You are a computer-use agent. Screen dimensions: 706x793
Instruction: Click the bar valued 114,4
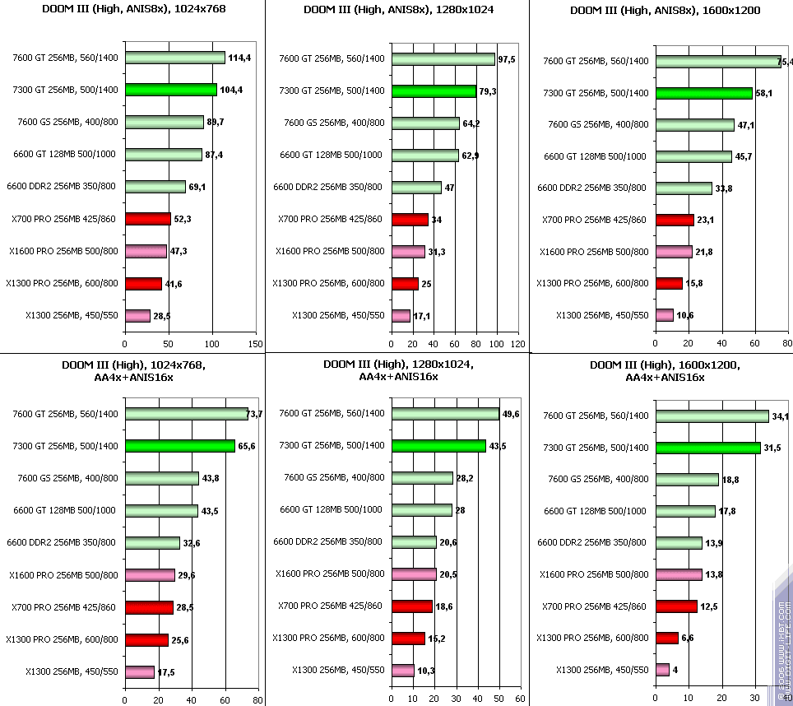174,58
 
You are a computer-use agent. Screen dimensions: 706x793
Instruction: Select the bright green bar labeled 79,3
434,91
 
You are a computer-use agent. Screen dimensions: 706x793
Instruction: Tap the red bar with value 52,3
148,219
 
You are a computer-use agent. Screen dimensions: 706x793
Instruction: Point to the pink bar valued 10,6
664,315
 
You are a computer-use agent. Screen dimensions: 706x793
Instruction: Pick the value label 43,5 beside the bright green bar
497,446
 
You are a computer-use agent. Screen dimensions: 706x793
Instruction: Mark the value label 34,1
781,417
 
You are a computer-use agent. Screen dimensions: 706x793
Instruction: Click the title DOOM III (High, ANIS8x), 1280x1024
396,11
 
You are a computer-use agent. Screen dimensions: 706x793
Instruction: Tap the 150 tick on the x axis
255,343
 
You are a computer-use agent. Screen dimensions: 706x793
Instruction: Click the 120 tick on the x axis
517,343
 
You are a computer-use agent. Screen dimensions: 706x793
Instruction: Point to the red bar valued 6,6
666,638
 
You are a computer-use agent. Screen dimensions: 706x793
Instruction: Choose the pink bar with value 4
662,670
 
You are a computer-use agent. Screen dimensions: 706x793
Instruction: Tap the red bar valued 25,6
146,639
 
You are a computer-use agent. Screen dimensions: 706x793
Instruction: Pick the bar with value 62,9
425,155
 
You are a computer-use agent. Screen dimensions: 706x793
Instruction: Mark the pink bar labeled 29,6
150,575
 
